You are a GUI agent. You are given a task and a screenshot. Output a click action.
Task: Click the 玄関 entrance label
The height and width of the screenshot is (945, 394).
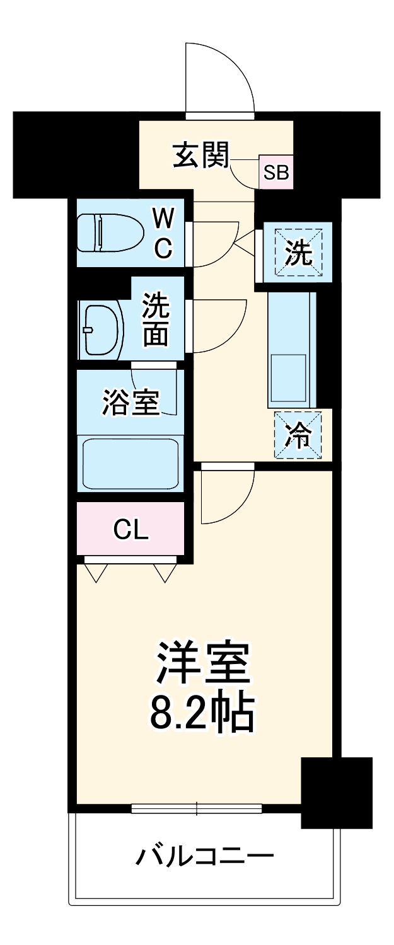click(x=200, y=156)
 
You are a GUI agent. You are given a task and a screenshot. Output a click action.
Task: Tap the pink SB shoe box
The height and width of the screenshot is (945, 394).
click(x=276, y=171)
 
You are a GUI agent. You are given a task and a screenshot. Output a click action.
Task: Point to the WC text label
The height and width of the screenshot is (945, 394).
click(x=163, y=234)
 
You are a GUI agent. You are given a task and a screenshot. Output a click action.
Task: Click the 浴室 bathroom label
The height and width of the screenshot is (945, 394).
click(x=130, y=403)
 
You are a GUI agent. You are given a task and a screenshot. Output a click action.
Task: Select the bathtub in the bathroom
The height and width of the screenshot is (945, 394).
click(x=130, y=462)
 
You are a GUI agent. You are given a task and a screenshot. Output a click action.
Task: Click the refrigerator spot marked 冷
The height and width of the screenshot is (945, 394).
click(x=298, y=435)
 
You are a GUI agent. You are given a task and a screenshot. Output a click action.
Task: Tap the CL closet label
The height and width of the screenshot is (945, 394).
click(x=130, y=530)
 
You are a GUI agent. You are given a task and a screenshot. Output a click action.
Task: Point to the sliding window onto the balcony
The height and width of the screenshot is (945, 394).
click(x=197, y=808)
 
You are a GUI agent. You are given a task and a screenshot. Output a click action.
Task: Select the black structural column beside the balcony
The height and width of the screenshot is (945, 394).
click(x=337, y=793)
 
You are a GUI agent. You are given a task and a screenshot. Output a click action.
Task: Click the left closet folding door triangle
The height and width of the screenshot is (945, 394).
click(x=95, y=572)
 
